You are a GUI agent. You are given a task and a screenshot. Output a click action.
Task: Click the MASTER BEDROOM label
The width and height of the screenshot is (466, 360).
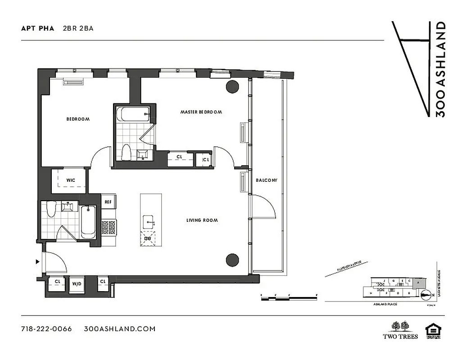coord(201,112)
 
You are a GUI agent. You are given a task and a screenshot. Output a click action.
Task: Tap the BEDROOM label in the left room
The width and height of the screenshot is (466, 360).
coord(78,119)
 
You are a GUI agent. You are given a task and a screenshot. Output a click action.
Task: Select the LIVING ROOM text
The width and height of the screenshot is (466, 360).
coord(202,220)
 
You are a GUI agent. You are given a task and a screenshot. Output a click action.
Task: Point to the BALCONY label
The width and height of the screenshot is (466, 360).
coord(267,180)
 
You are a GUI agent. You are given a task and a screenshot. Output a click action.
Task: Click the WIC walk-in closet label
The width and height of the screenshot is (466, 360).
coord(70,180)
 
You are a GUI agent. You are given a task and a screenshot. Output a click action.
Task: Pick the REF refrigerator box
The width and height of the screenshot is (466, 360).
coord(108,202)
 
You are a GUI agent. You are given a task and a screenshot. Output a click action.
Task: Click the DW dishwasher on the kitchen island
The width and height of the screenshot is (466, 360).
coord(148,238)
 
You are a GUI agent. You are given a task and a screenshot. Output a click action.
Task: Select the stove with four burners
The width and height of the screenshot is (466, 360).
coord(109,228)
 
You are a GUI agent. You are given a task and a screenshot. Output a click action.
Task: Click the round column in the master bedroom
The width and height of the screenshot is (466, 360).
coord(232,86)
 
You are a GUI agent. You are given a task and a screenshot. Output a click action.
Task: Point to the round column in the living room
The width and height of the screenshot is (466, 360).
coord(232,259)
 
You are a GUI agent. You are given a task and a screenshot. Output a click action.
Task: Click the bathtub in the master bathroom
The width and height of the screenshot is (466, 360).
coord(133,114)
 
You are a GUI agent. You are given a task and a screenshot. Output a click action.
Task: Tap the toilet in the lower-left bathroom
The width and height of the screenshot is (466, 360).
coord(51,209)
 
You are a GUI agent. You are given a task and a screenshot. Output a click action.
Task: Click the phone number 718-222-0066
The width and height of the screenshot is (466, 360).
coord(46,328)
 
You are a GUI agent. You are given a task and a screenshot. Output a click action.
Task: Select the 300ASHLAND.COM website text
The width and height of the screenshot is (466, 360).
coord(120,328)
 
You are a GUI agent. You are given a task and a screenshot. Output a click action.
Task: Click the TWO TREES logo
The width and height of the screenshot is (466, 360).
coord(400,330)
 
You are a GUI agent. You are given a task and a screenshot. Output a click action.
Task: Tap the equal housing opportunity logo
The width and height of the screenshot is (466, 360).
coord(434,330)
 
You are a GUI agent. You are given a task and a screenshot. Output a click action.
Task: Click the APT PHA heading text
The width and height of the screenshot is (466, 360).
coord(38,28)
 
